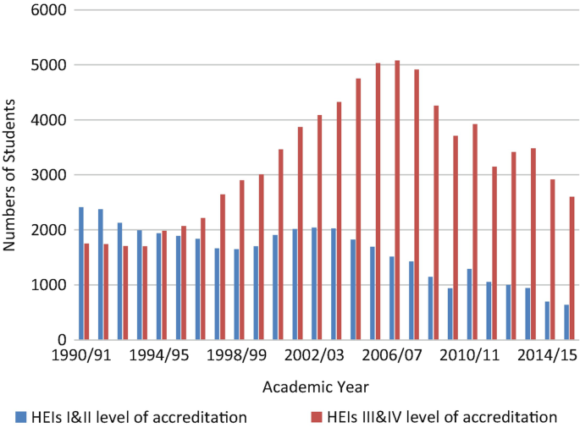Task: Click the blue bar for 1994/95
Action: coord(158,287)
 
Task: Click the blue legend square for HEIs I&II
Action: coord(19,416)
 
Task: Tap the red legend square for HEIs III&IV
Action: coord(318,416)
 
